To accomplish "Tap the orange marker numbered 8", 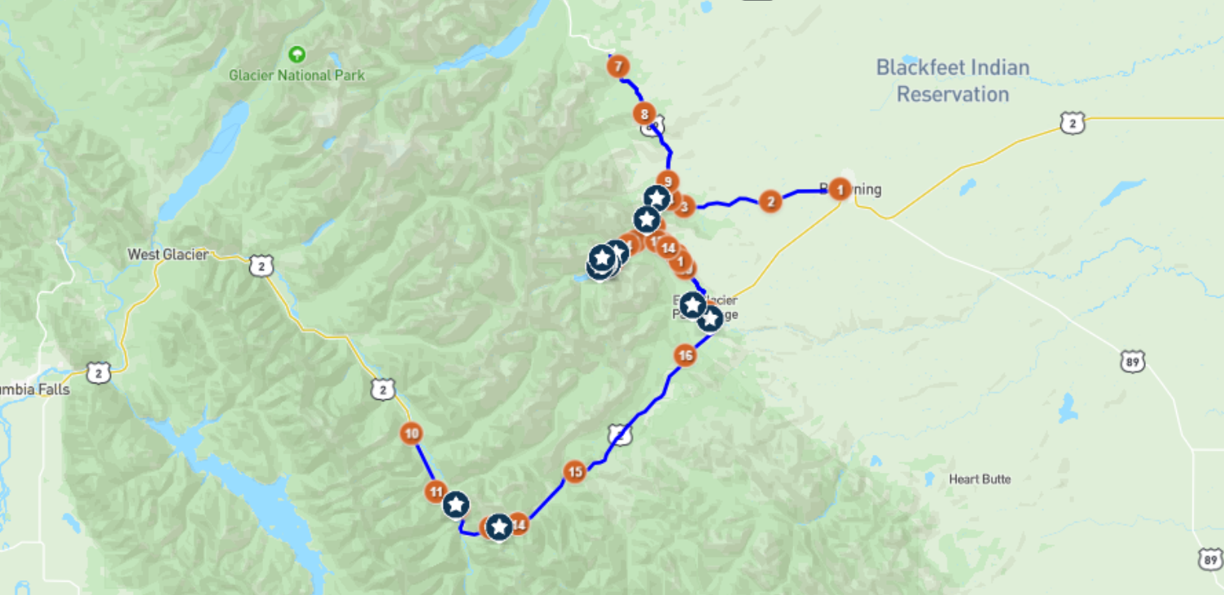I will coord(645,114).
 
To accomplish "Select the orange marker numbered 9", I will coord(668,182).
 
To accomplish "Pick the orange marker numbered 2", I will coord(770,201).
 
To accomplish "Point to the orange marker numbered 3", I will coord(684,207).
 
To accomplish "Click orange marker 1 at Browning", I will coord(840,190).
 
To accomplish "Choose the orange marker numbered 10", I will coord(411,434).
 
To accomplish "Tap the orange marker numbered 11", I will coord(436,491).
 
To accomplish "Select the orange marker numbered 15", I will coord(575,471).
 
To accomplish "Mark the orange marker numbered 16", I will coord(685,355).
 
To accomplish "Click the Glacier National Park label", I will coord(296,76).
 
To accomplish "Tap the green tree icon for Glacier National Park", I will coord(297,55).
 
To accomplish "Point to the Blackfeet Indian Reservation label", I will coord(953,81).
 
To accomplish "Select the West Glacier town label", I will coord(168,255).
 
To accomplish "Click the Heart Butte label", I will coord(980,479).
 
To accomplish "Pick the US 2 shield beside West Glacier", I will coord(261,265).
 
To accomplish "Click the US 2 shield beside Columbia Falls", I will coord(99,374).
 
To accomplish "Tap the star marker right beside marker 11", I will coord(456,505).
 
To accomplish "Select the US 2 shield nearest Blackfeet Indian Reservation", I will coord(1073,124).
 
